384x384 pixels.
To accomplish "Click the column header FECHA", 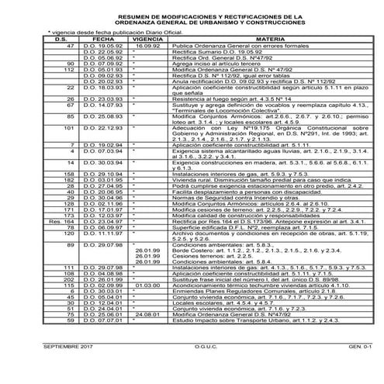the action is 102,37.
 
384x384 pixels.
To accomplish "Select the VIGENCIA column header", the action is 147,37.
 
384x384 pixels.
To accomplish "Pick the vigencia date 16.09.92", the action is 147,46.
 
